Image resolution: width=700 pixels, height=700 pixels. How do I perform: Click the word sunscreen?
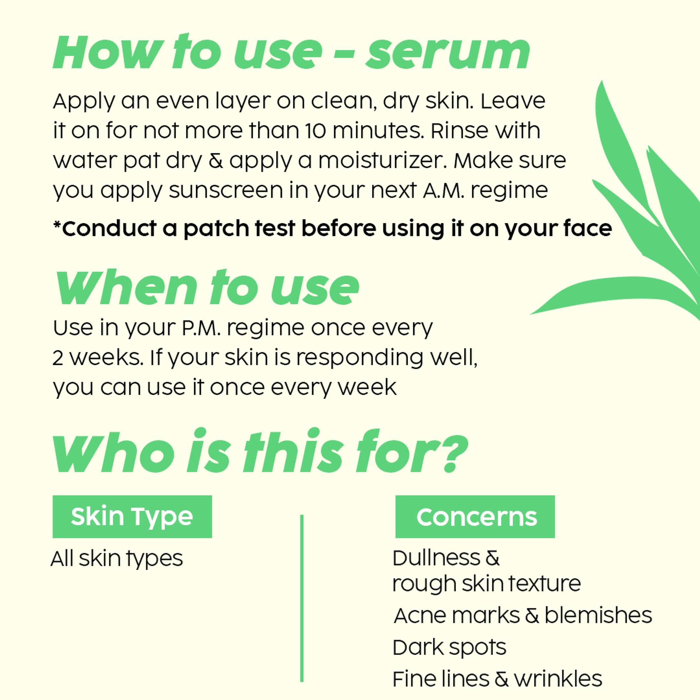(x=226, y=191)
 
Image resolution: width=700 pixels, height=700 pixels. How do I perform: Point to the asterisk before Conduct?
(x=57, y=224)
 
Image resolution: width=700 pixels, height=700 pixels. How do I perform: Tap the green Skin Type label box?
(x=132, y=517)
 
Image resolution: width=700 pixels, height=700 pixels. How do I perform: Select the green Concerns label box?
(x=475, y=517)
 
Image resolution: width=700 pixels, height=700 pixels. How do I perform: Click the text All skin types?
(x=117, y=559)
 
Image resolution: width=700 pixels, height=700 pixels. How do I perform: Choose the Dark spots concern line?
(x=449, y=647)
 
